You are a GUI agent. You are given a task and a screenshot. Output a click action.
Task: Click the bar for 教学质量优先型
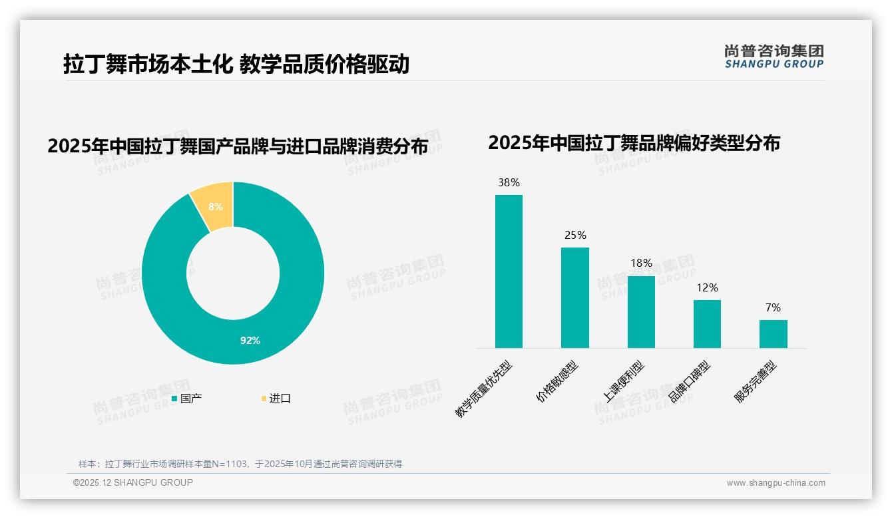[509, 271]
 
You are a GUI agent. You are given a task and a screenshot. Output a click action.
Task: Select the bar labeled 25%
[574, 297]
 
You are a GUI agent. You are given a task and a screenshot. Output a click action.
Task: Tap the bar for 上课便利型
[641, 311]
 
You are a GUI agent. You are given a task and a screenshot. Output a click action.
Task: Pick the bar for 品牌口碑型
[707, 323]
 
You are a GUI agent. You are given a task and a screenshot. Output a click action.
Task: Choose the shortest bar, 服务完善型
[773, 333]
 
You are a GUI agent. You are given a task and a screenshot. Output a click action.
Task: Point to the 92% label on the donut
[250, 341]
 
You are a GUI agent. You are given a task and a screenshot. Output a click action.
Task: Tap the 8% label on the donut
[216, 207]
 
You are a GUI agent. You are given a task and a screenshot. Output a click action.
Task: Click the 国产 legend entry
[187, 399]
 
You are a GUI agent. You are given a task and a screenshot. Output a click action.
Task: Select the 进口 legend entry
[276, 399]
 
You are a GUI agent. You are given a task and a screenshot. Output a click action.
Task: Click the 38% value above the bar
[509, 182]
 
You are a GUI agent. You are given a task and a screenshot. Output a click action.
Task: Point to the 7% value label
[773, 307]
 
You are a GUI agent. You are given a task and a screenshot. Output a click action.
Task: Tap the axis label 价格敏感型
[558, 382]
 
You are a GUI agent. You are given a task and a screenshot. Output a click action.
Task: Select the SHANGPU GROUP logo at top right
[774, 57]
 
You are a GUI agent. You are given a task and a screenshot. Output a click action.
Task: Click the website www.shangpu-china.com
[776, 483]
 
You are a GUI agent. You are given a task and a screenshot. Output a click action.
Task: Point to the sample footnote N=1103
[240, 464]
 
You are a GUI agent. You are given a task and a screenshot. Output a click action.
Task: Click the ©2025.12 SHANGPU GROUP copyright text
[133, 482]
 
